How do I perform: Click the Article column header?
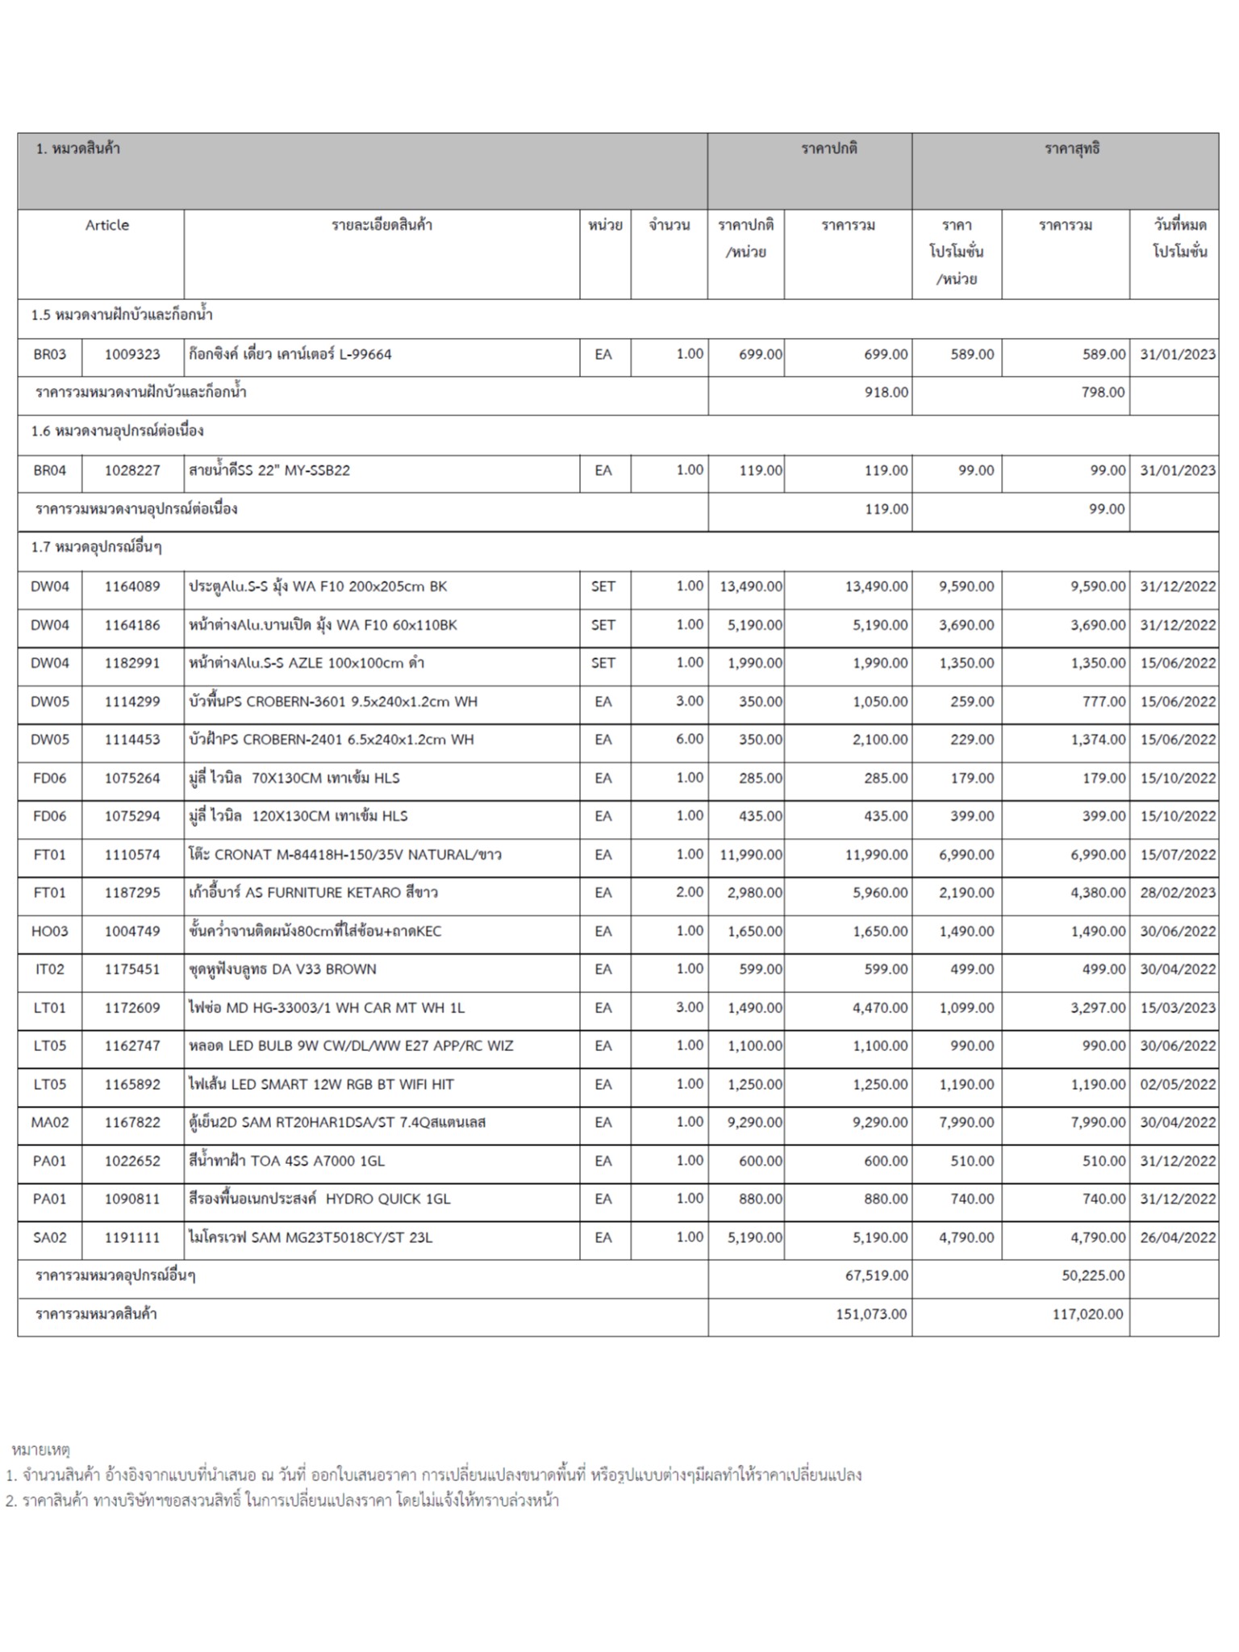107,225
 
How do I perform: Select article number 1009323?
132,354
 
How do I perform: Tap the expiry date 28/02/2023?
1177,892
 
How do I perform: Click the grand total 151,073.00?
871,1314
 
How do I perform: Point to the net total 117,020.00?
1087,1314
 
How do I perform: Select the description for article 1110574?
345,854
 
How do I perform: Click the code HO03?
49,931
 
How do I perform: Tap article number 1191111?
132,1237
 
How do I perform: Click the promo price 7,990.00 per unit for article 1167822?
966,1122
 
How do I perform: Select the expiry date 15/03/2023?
1177,1007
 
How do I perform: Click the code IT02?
49,969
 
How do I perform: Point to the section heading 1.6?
118,431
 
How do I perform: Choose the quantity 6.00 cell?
689,739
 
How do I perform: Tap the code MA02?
49,1122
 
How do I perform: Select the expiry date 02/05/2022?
1177,1084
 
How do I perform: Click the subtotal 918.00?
886,392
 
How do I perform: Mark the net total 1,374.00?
1098,739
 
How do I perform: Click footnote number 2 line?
282,1501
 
